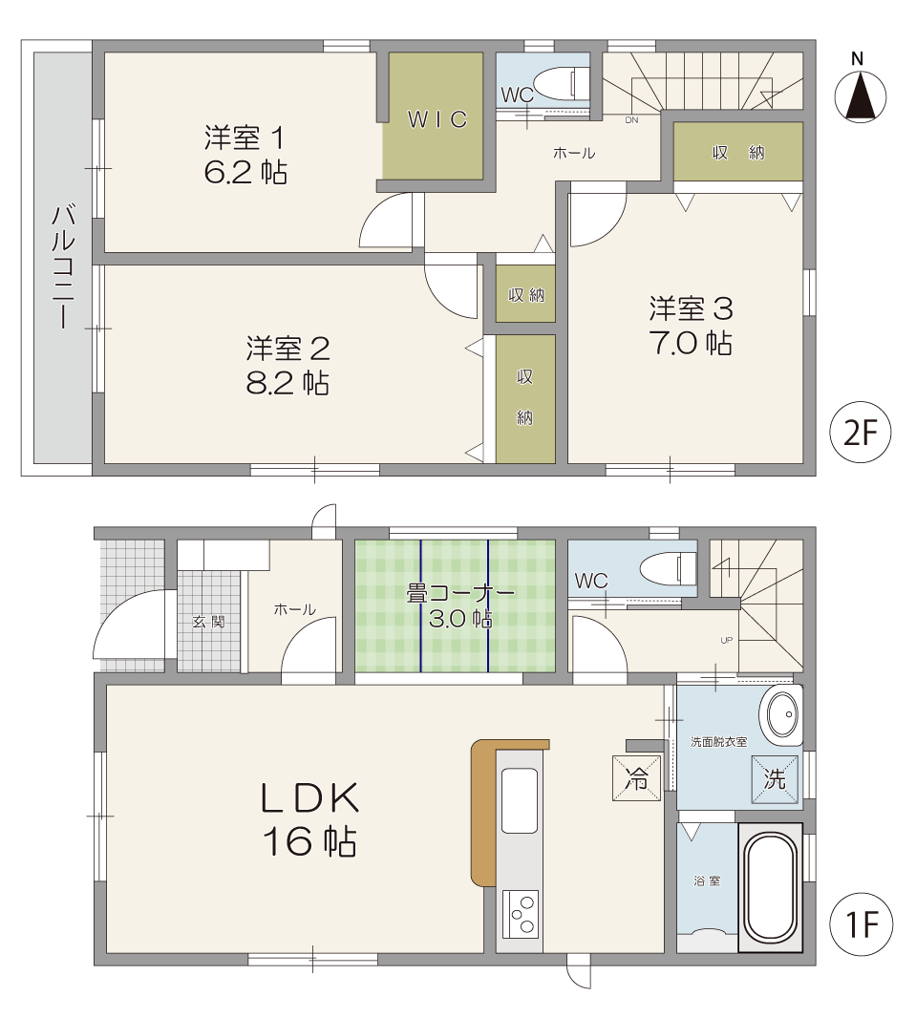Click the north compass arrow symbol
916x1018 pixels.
(861, 96)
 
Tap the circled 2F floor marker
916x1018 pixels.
(861, 433)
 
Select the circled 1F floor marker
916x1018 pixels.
(861, 923)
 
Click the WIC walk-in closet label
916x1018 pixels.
(437, 119)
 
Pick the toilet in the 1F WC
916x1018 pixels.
(669, 569)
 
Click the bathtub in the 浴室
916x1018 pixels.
(770, 887)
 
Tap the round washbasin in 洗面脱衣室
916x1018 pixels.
(782, 715)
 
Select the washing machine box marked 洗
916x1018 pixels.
(775, 778)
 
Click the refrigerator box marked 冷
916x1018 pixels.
(636, 777)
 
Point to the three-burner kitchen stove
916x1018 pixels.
(520, 914)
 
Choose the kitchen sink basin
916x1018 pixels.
(520, 800)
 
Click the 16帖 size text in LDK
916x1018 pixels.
(309, 842)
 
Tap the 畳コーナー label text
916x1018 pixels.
(460, 593)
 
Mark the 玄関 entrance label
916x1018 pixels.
(208, 622)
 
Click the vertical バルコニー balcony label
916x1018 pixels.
(63, 266)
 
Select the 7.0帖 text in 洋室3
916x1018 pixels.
(691, 343)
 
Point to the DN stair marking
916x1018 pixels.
(631, 120)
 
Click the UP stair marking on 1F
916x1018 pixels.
(727, 640)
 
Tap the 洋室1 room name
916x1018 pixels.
(245, 138)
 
